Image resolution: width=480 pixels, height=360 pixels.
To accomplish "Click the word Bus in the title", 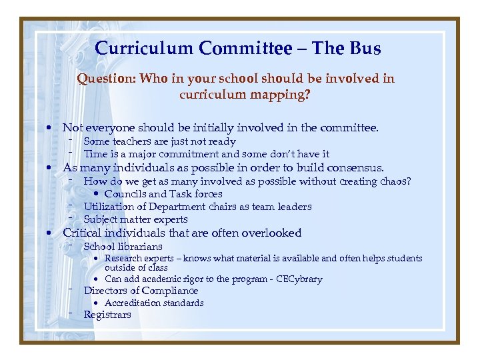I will (364, 49).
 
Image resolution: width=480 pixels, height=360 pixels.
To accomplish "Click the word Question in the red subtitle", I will (105, 79).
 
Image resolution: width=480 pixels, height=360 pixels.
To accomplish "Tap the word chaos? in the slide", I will (395, 181).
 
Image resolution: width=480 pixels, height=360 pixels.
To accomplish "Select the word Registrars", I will (107, 315).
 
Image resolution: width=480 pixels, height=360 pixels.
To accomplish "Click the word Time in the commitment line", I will (94, 154).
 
